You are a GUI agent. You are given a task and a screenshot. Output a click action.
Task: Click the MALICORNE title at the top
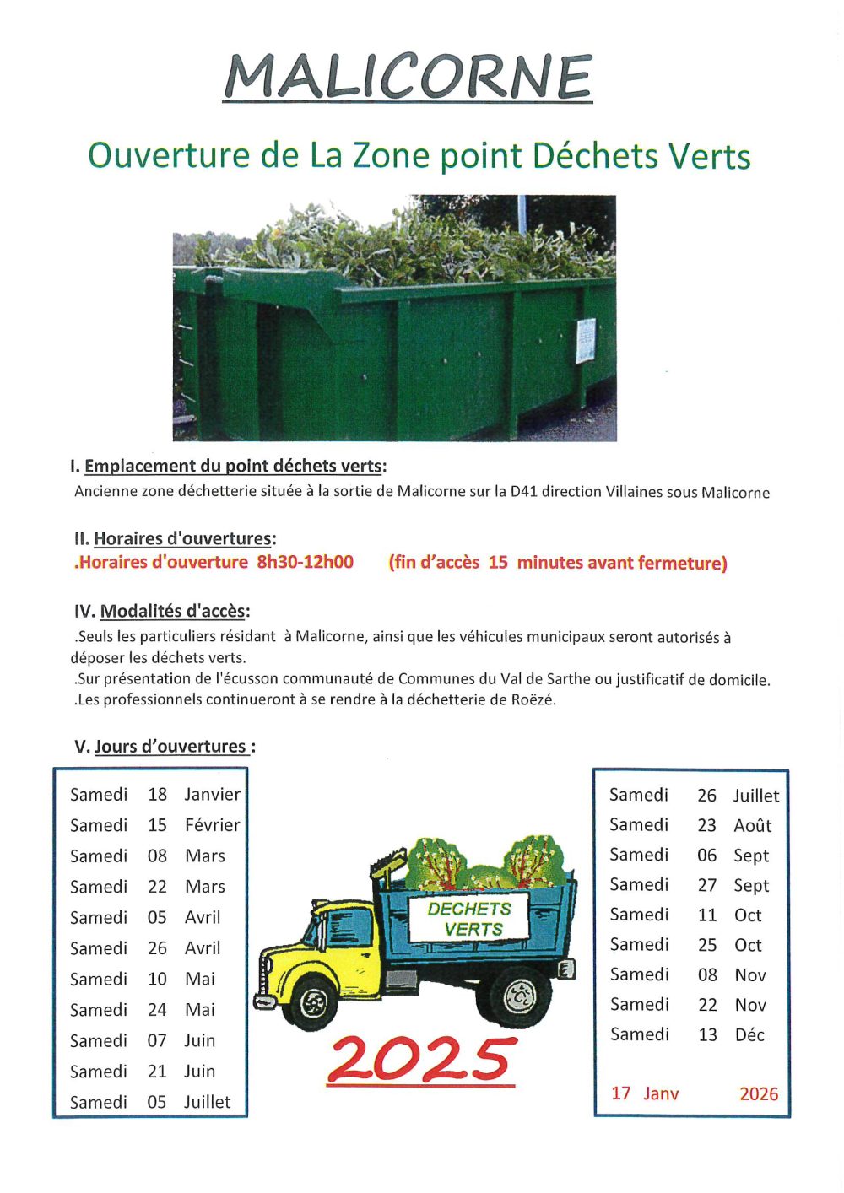click(x=408, y=78)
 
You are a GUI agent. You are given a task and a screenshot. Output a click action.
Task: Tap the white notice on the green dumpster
click(x=586, y=341)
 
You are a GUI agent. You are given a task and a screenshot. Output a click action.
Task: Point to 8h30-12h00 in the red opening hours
click(x=306, y=562)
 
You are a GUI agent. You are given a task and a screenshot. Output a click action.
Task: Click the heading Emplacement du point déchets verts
click(x=234, y=466)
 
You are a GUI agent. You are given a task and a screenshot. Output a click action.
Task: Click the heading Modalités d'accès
click(x=174, y=611)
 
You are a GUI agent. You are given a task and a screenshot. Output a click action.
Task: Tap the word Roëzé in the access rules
click(x=533, y=699)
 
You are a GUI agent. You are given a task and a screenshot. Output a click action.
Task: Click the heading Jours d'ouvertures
click(x=170, y=747)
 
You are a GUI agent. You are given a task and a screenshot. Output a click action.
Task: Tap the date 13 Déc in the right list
click(x=731, y=1034)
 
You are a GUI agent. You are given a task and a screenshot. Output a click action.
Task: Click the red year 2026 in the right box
click(x=759, y=1093)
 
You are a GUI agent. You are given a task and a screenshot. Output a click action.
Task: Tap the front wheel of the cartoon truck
click(x=314, y=1002)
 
